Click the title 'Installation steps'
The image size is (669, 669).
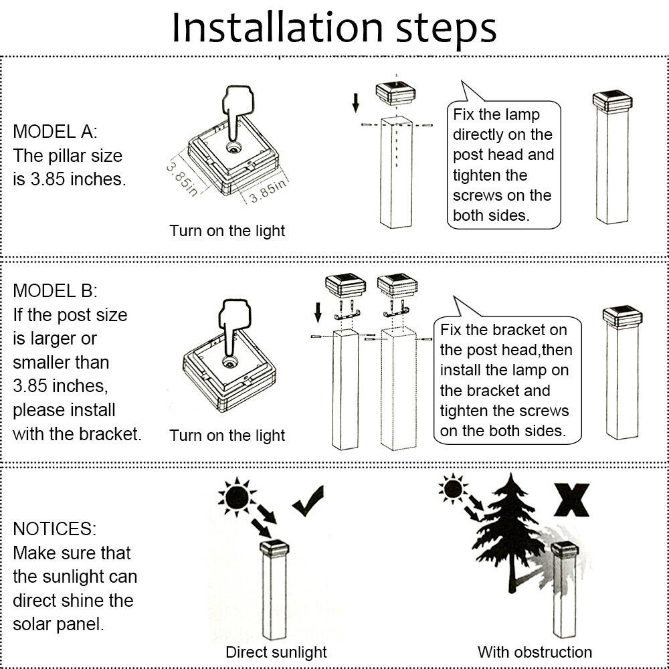pyautogui.click(x=334, y=27)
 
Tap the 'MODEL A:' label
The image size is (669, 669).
pyautogui.click(x=55, y=131)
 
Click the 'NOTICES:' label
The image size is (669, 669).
pyautogui.click(x=54, y=529)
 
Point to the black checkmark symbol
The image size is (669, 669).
pyautogui.click(x=308, y=500)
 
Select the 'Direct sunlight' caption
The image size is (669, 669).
pyautogui.click(x=276, y=652)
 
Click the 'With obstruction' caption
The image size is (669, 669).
pyautogui.click(x=535, y=652)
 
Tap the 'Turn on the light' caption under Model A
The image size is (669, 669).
pyautogui.click(x=227, y=231)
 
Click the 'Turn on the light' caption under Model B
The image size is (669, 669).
pyautogui.click(x=227, y=436)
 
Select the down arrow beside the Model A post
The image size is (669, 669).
pyautogui.click(x=356, y=102)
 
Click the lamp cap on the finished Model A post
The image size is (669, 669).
pyautogui.click(x=613, y=102)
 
